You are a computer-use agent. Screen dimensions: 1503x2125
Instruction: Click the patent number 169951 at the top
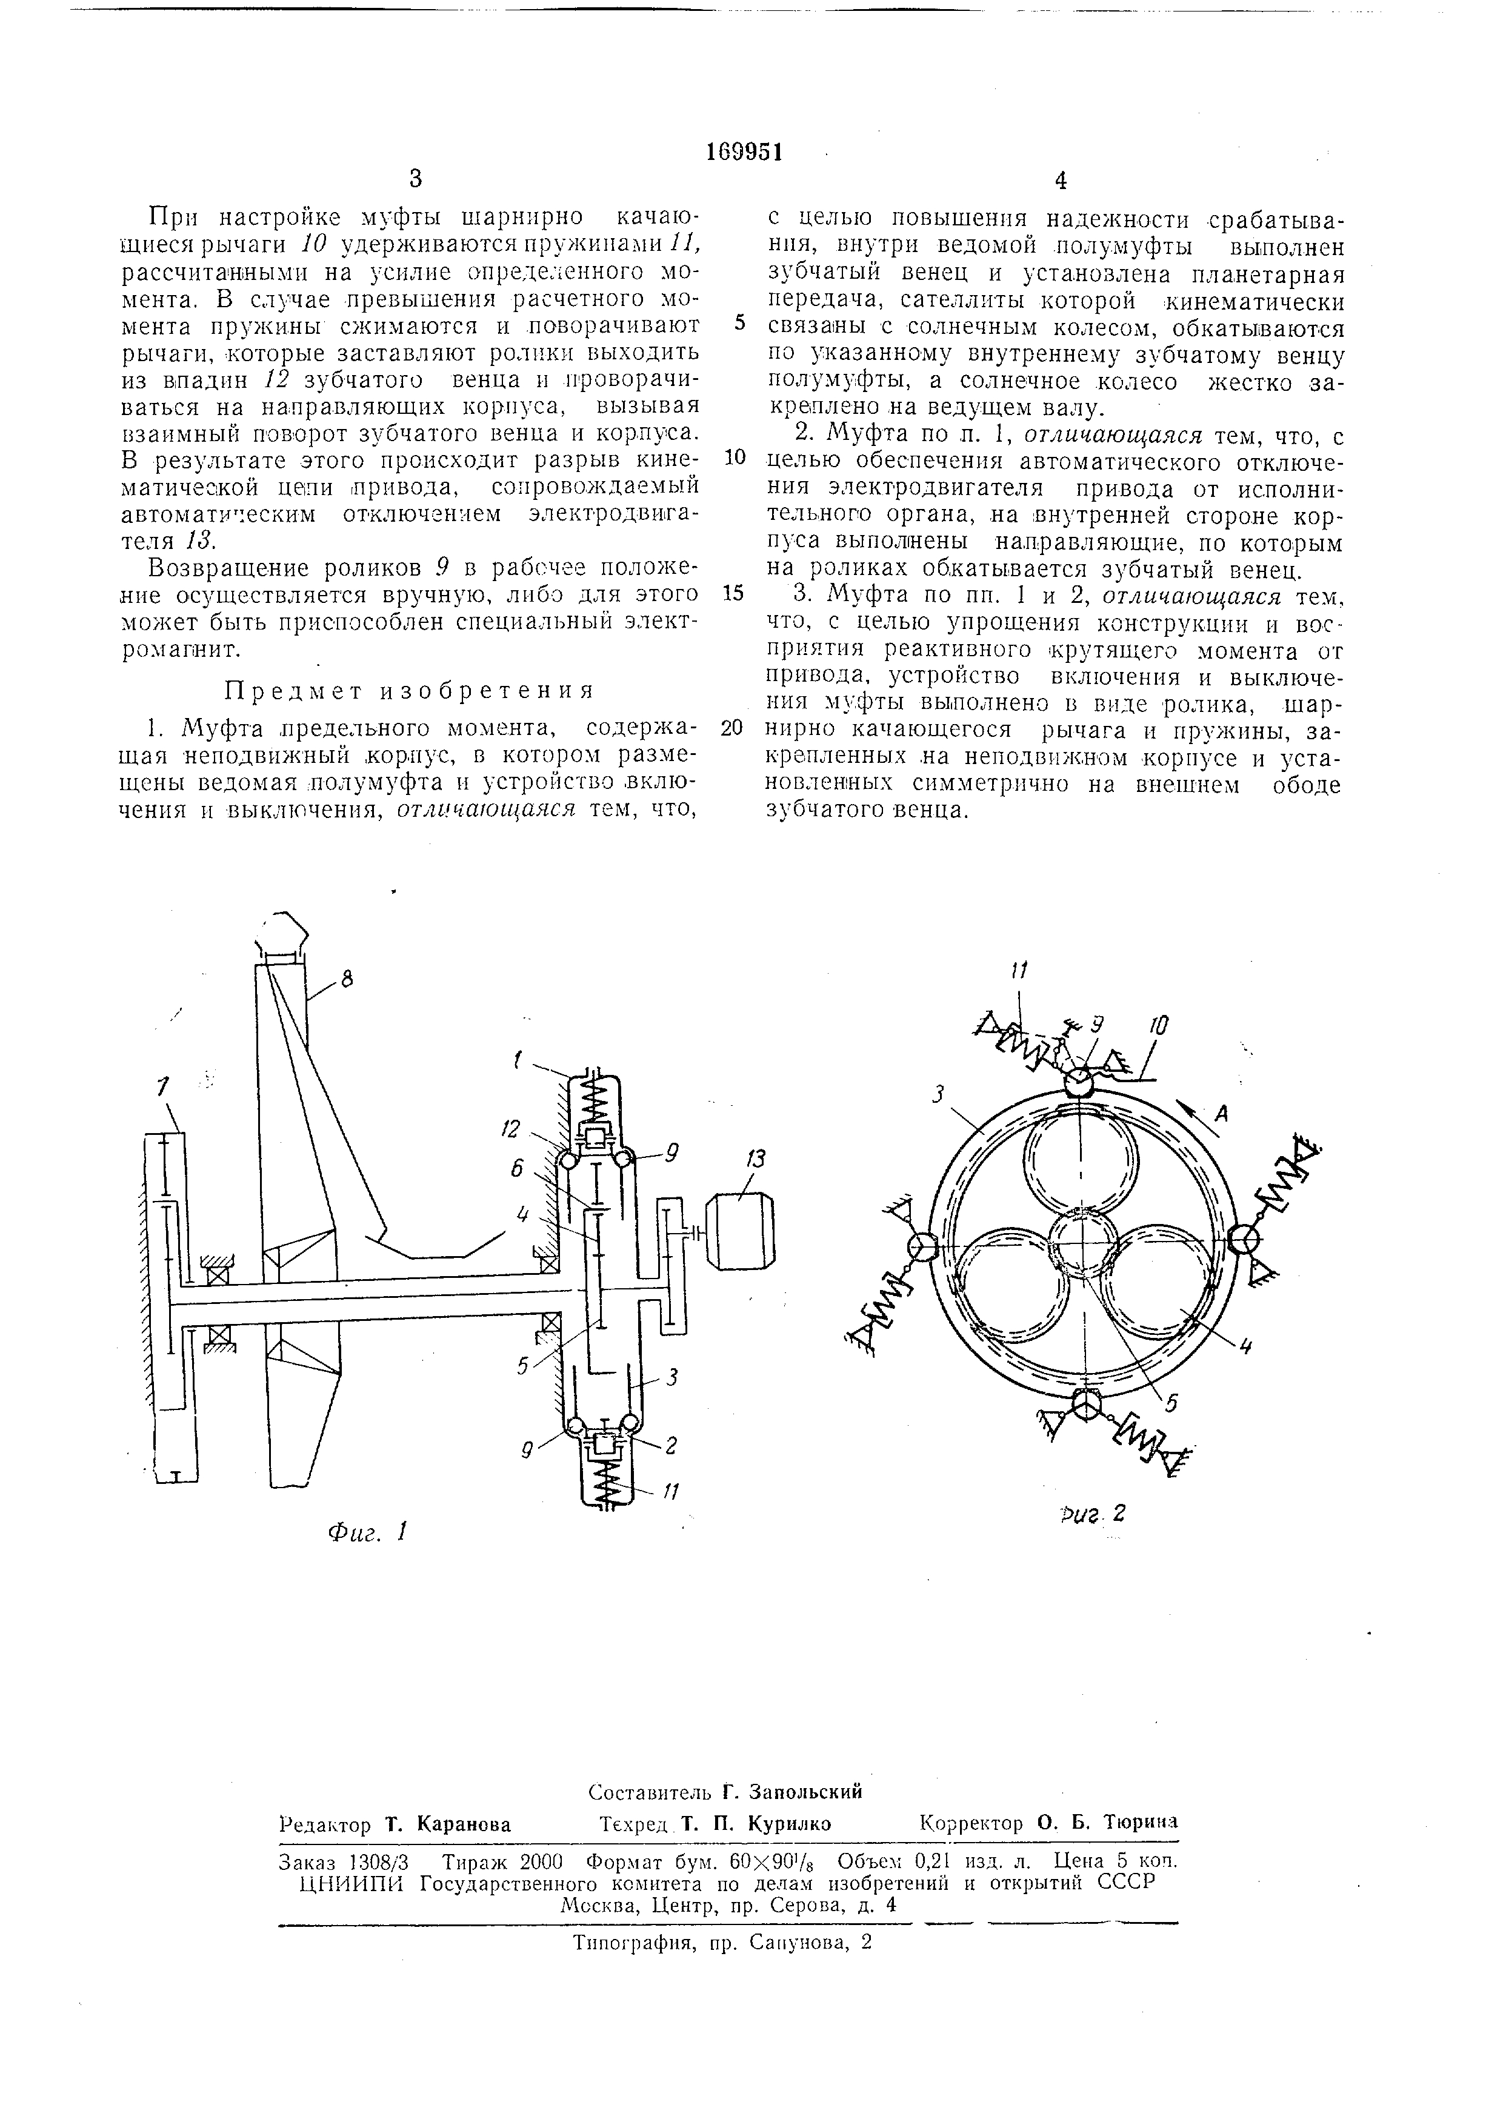[x=744, y=151]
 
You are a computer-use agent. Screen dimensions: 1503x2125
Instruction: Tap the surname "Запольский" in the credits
[x=805, y=1791]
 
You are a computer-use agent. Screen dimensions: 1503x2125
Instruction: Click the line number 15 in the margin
[x=733, y=593]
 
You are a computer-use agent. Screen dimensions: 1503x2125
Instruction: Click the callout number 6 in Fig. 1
[x=516, y=1169]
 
